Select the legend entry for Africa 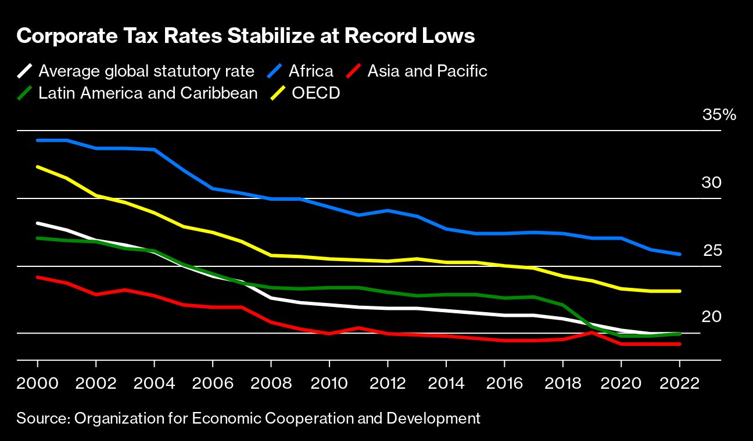tap(311, 71)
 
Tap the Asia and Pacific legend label tap(427, 71)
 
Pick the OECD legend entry tap(315, 93)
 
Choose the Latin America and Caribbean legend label tap(148, 93)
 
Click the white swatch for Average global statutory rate tap(24, 71)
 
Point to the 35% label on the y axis tap(719, 115)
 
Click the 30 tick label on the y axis tap(712, 183)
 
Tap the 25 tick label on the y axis tap(712, 251)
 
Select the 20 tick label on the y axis tap(712, 317)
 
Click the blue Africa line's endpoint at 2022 tap(680, 254)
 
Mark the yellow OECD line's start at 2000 tap(38, 167)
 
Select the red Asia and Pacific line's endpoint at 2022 tap(680, 344)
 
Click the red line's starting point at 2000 tap(38, 277)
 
